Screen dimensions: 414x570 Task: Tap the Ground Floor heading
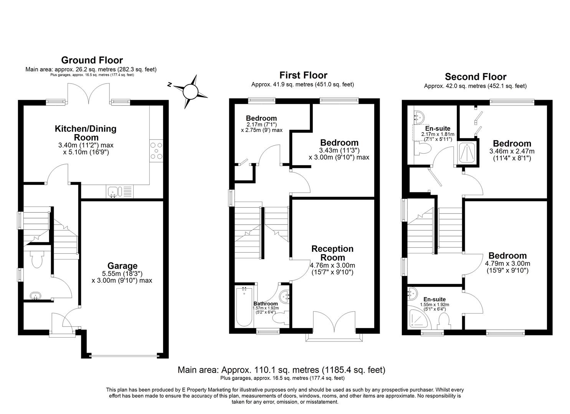[92, 60]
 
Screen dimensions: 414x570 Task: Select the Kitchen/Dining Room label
[86, 133]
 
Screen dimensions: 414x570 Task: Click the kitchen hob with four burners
[157, 151]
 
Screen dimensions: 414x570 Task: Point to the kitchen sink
[114, 192]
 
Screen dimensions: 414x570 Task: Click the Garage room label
[122, 266]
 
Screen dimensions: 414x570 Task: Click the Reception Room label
[332, 253]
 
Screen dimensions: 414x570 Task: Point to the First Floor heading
[303, 75]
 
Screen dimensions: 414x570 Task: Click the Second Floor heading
[475, 77]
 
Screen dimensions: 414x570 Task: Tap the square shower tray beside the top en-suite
[468, 153]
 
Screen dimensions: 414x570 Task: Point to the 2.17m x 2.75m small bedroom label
[261, 124]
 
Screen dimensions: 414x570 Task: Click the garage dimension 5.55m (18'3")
[122, 274]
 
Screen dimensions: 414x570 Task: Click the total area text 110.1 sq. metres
[281, 370]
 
